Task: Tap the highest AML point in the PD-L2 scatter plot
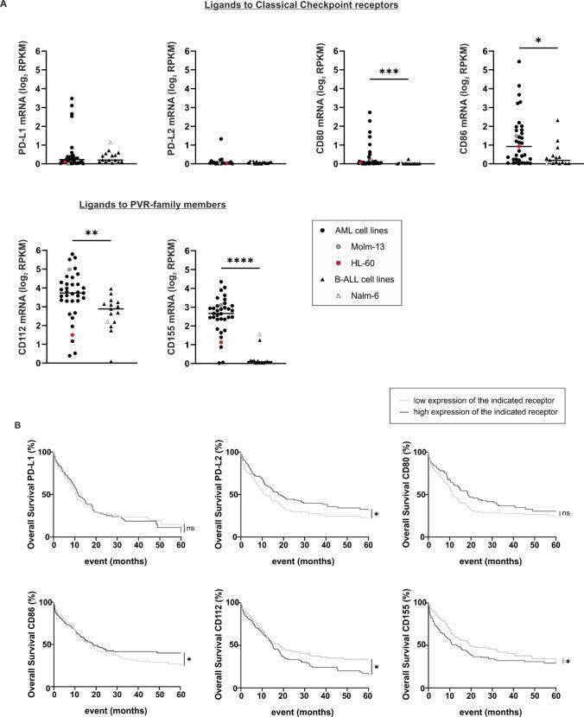[x=221, y=138]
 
